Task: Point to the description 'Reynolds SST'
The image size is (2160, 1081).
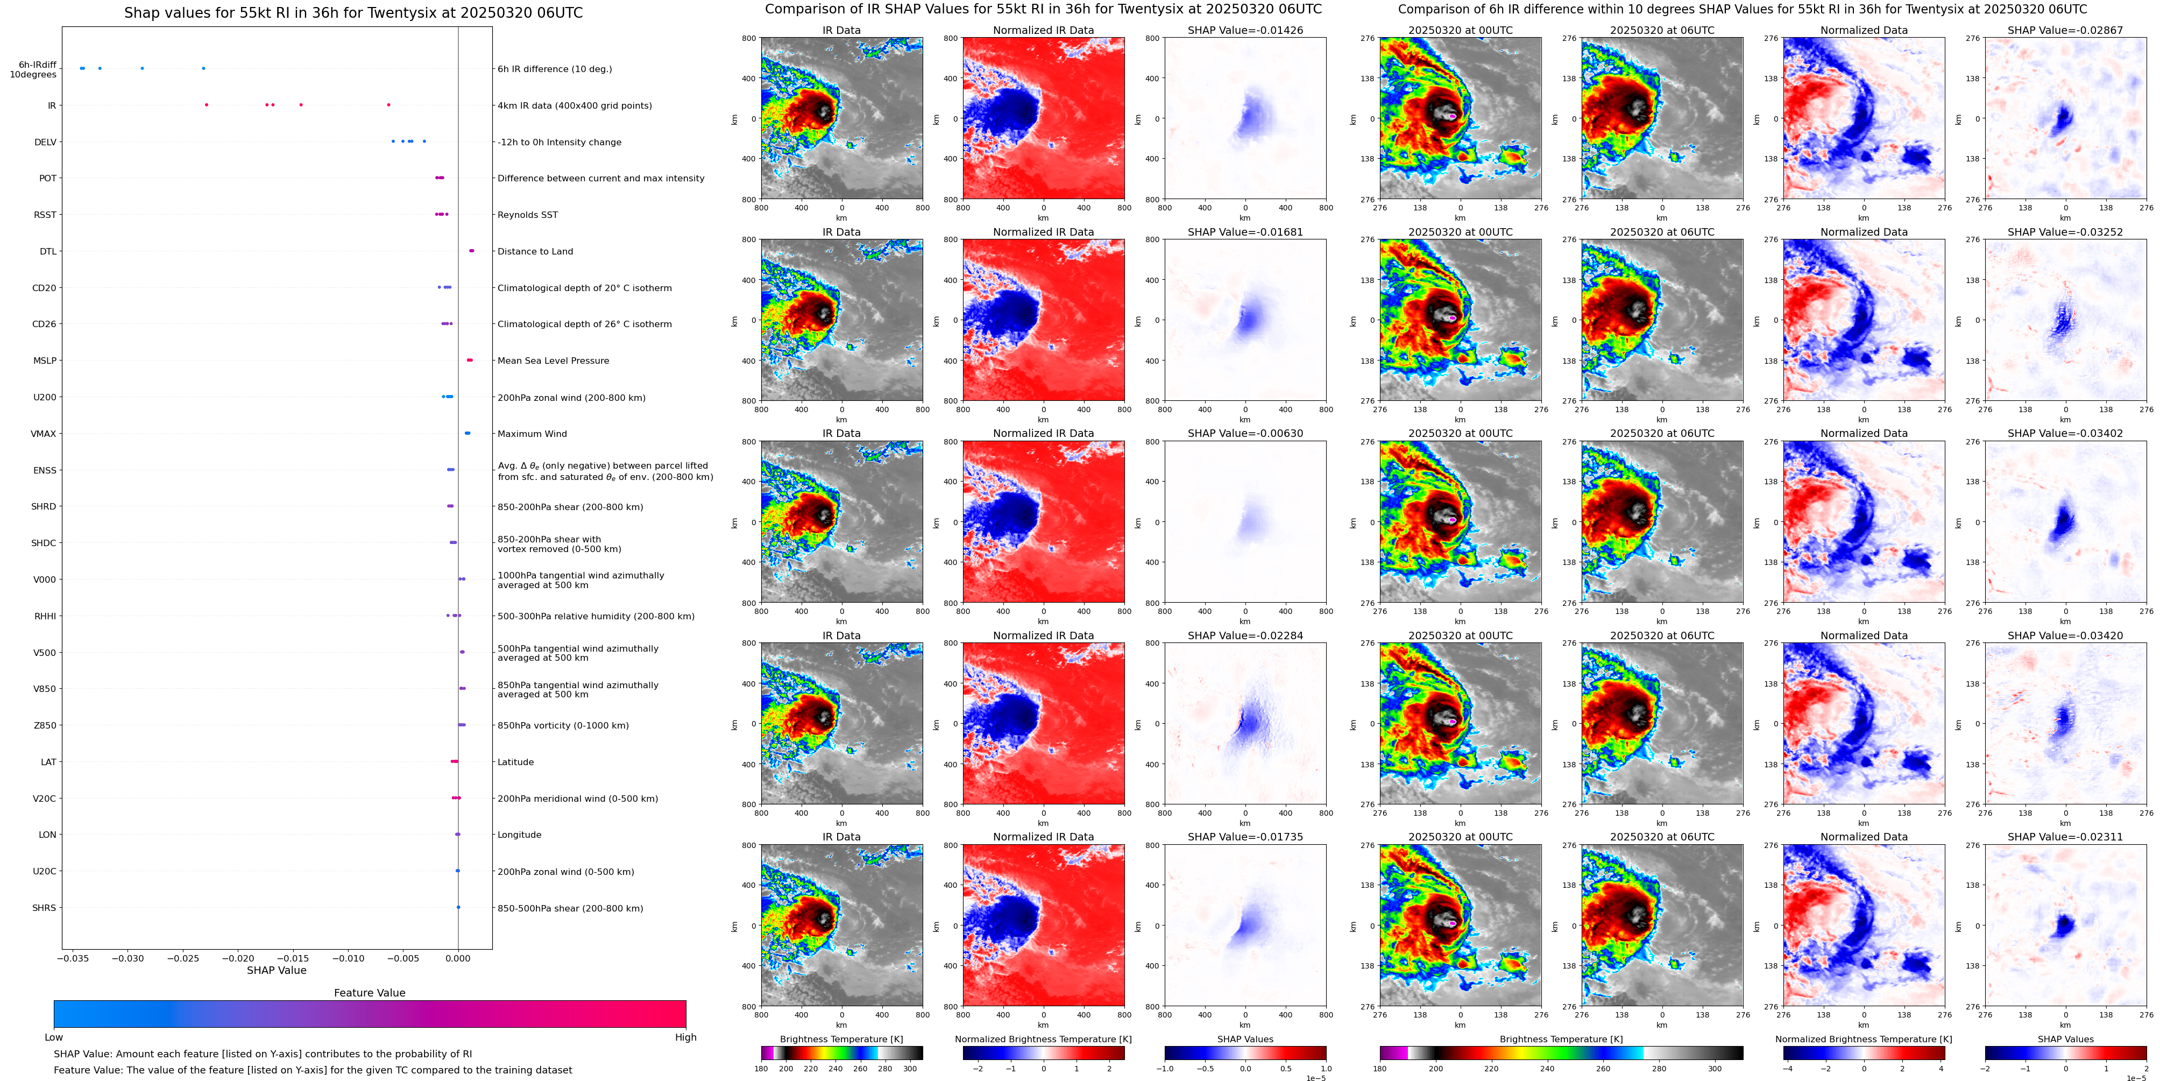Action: (527, 215)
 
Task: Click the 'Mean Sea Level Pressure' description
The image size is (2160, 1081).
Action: (554, 361)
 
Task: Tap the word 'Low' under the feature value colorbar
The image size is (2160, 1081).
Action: (54, 1037)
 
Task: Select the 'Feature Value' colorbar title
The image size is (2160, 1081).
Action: (369, 993)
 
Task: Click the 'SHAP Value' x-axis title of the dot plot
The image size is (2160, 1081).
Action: (276, 970)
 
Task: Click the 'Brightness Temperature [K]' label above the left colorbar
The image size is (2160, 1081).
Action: (841, 1039)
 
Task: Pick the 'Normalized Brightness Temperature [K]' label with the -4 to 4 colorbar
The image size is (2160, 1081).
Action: (1863, 1039)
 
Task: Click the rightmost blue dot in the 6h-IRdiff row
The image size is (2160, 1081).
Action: (203, 68)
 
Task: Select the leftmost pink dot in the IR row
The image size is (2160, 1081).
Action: (206, 105)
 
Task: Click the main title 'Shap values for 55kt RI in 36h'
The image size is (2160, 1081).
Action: (353, 12)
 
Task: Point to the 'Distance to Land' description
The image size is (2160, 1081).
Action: (535, 252)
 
